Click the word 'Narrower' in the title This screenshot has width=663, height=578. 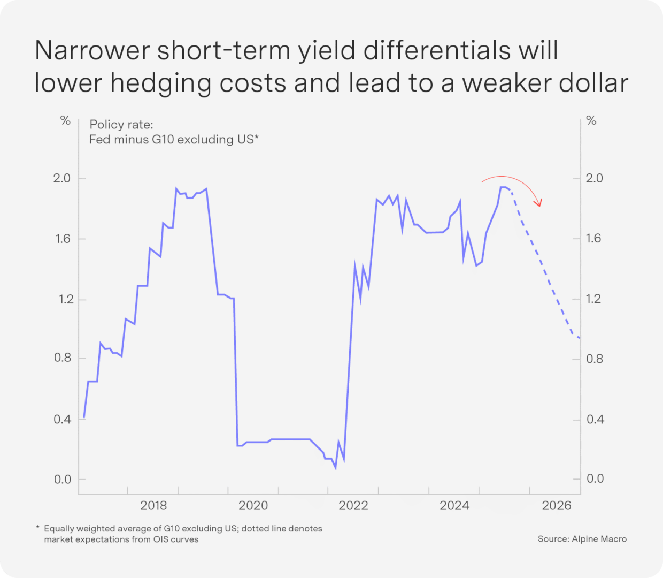[91, 50]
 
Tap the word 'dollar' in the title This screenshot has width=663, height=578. [593, 83]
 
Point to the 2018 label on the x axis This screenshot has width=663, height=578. [153, 505]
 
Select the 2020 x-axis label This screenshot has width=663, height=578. [253, 505]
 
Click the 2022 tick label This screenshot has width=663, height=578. [353, 505]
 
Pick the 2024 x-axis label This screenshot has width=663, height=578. [454, 505]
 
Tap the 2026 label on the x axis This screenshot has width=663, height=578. [557, 505]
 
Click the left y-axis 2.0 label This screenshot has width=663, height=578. [62, 178]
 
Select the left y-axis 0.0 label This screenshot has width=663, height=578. [63, 479]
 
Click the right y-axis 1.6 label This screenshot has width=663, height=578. [593, 238]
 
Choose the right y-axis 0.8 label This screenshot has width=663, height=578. [595, 359]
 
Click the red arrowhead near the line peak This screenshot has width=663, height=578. [539, 203]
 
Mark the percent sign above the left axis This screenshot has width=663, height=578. [65, 120]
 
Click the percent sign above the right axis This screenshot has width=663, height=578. [591, 120]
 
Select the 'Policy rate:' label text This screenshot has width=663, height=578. [121, 125]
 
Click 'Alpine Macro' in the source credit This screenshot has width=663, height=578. [599, 539]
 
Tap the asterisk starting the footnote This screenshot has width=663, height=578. [38, 528]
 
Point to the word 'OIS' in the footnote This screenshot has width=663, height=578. [161, 539]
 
